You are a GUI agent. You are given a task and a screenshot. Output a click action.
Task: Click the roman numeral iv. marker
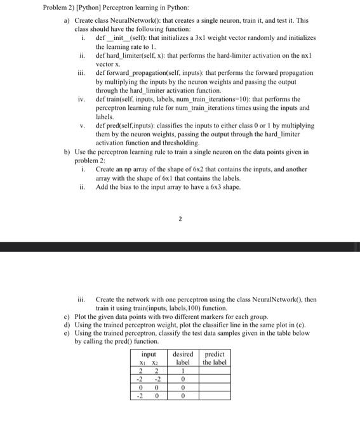point(81,100)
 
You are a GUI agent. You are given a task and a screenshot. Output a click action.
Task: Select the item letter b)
point(66,152)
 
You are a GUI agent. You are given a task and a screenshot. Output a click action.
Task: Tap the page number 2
point(180,218)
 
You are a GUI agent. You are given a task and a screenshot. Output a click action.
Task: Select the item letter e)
point(66,332)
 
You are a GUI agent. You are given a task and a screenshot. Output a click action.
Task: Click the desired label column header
point(183,358)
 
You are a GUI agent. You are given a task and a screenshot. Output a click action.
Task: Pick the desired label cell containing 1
point(183,370)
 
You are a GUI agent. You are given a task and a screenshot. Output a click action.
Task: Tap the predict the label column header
point(214,358)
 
